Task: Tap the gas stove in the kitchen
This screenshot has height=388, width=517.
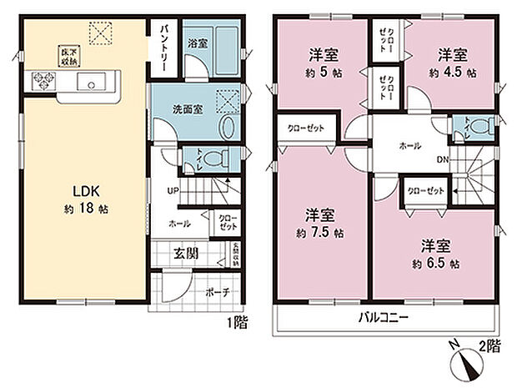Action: [x=43, y=81]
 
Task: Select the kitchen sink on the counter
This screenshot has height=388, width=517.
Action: [x=89, y=82]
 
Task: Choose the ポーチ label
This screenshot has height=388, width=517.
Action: [x=216, y=292]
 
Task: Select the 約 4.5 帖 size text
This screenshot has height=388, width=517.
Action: [x=454, y=73]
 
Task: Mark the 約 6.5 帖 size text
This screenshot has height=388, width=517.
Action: [x=434, y=263]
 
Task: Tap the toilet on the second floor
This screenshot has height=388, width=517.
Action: [x=473, y=127]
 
